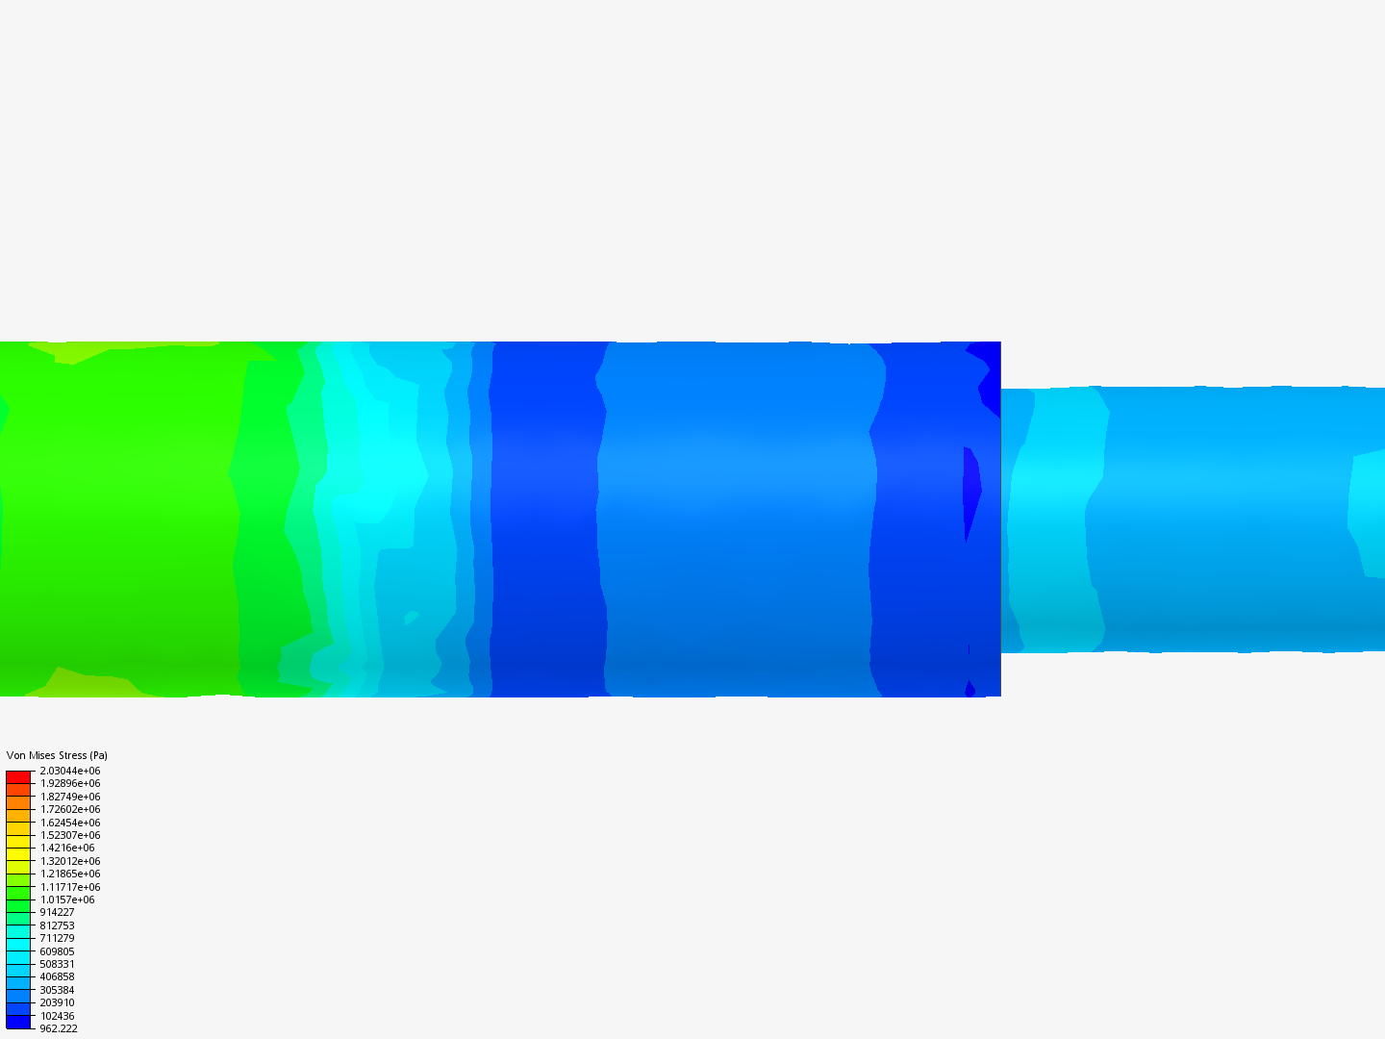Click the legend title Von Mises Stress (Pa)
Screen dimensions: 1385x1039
(x=57, y=755)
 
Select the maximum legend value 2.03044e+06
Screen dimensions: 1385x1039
(x=70, y=771)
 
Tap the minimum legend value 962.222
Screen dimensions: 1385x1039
(x=59, y=1028)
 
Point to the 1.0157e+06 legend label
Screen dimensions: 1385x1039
(x=67, y=900)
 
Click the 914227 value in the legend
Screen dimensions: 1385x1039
(x=57, y=912)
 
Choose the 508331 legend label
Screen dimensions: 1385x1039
(x=57, y=964)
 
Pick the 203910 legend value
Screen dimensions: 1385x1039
(x=57, y=1002)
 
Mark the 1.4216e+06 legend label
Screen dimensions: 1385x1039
(x=67, y=848)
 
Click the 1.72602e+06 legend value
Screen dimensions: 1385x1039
(x=70, y=809)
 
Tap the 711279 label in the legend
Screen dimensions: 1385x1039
(x=57, y=938)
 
